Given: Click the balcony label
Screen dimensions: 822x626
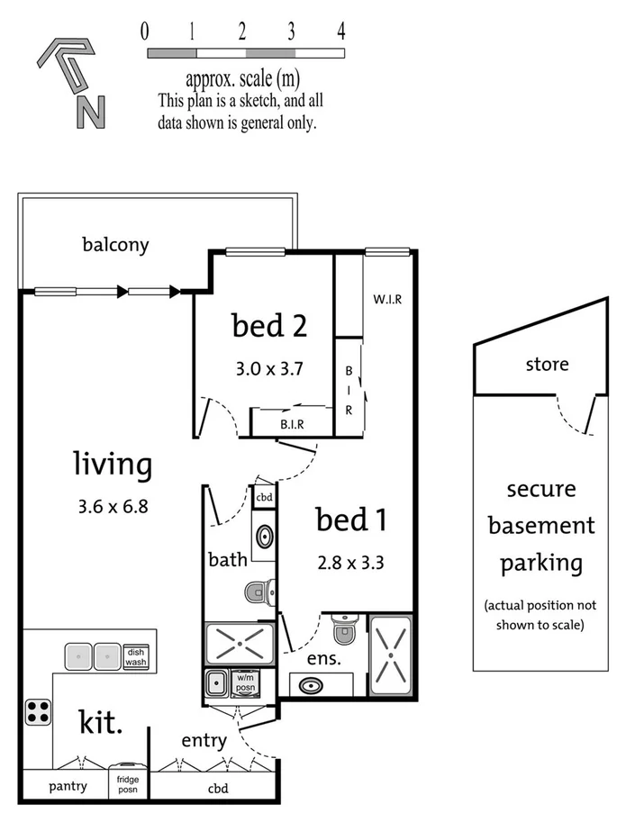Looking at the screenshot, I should coord(115,244).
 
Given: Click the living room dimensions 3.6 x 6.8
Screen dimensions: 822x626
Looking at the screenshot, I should coord(113,506).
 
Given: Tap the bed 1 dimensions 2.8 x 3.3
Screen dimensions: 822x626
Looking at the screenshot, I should coord(350,565).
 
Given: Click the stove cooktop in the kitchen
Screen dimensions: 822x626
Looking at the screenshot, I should coord(39,711).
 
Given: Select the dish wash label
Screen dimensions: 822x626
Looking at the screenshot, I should coord(135,657).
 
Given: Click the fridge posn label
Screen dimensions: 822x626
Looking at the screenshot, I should coord(127,786).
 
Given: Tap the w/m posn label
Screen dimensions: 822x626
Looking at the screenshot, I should coord(245,684).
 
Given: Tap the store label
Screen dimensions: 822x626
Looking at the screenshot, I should coord(547,365).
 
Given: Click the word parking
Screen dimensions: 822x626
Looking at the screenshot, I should coord(541,564).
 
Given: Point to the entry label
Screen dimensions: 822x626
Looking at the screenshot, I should coord(204,740).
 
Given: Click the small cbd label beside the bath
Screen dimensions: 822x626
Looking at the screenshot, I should coord(264,496).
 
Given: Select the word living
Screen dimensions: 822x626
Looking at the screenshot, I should coord(113,465).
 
